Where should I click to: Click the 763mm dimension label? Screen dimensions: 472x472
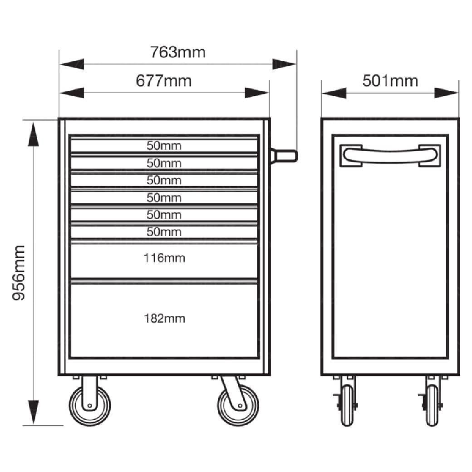[x=178, y=52]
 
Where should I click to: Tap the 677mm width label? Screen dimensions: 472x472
[x=163, y=81]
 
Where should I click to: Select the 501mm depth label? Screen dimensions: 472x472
[x=390, y=81]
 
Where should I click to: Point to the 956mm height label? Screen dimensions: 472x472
[x=19, y=273]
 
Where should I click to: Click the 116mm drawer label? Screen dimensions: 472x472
[x=164, y=258]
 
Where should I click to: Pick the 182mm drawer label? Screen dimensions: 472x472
[x=164, y=318]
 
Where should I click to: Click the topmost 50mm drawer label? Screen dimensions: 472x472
[x=164, y=146]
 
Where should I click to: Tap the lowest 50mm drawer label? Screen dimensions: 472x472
[x=164, y=232]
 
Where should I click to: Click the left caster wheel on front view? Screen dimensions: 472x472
[x=90, y=405]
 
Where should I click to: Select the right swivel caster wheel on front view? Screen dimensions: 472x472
[x=238, y=405]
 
